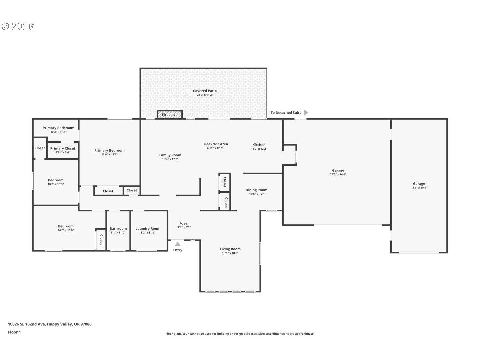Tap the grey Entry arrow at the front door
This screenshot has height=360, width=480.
click(x=178, y=244)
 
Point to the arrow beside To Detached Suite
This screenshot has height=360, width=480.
click(x=306, y=113)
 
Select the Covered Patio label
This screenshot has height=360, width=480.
click(x=205, y=91)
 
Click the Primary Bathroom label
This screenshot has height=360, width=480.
click(x=58, y=128)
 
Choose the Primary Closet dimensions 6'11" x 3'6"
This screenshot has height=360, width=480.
click(x=63, y=152)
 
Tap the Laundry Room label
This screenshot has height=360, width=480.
click(x=148, y=229)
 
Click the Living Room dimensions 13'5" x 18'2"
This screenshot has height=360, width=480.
click(x=230, y=253)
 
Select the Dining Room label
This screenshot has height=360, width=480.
click(x=256, y=190)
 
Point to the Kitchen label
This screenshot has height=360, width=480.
click(x=259, y=145)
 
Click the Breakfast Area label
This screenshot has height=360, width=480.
click(x=215, y=144)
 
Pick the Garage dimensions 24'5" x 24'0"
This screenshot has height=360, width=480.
click(x=338, y=174)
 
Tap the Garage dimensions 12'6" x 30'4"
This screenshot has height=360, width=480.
click(x=419, y=188)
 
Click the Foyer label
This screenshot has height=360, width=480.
click(x=184, y=223)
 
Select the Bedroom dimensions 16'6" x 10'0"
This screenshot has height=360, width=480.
click(x=66, y=230)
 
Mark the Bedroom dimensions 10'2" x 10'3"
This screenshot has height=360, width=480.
click(x=56, y=184)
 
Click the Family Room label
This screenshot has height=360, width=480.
click(x=170, y=155)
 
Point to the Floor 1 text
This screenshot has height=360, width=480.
click(x=14, y=332)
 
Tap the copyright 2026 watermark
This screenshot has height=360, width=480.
click(x=17, y=26)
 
